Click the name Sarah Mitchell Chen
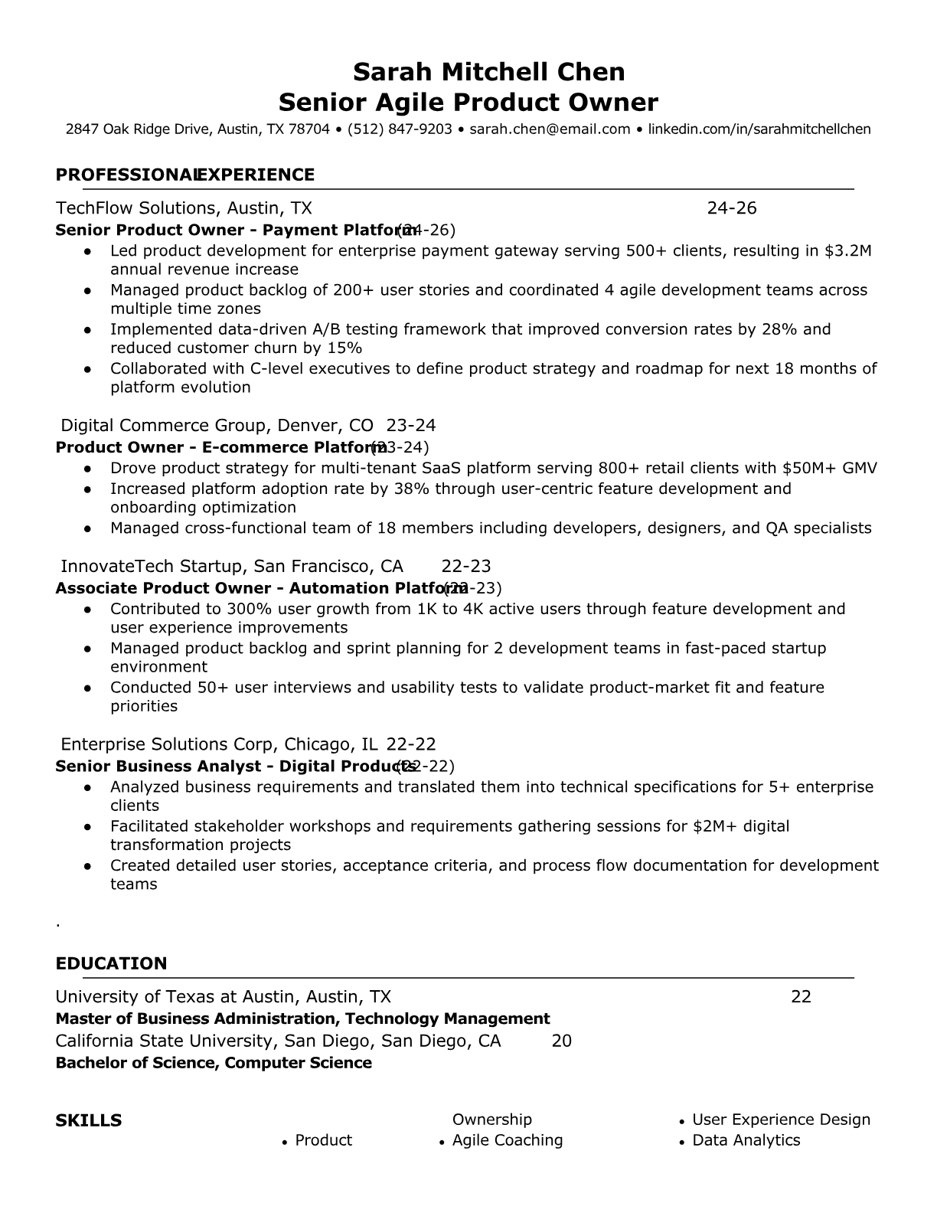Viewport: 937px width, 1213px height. pyautogui.click(x=488, y=72)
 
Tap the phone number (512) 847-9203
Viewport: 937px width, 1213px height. pyautogui.click(x=400, y=129)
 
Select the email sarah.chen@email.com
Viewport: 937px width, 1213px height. pyautogui.click(x=550, y=129)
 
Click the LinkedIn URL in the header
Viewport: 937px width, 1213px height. pyautogui.click(x=759, y=129)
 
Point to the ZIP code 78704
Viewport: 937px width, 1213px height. pyautogui.click(x=309, y=129)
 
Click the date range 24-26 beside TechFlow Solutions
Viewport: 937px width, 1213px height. pyautogui.click(x=731, y=208)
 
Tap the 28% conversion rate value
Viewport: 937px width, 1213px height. pyautogui.click(x=779, y=329)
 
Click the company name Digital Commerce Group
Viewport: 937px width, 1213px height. pyautogui.click(x=164, y=426)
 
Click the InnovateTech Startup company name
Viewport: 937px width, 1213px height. pyautogui.click(x=150, y=567)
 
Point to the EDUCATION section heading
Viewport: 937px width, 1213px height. pyautogui.click(x=111, y=963)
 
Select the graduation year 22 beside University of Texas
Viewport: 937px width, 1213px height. pyautogui.click(x=801, y=997)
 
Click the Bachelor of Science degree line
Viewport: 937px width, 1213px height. pyautogui.click(x=214, y=1063)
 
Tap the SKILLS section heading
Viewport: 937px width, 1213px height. pyautogui.click(x=89, y=1121)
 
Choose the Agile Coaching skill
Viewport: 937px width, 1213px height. pyautogui.click(x=507, y=1140)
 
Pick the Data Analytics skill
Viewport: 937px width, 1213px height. pyautogui.click(x=746, y=1140)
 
